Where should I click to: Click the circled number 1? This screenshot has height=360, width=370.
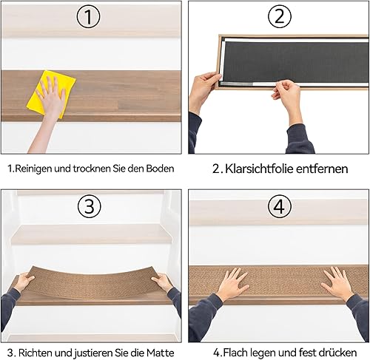(88, 16)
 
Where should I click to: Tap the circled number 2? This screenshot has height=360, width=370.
(279, 16)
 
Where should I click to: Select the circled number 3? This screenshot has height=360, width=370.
(90, 206)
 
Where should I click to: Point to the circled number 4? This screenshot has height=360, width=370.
(279, 206)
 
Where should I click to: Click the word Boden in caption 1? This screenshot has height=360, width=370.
(160, 169)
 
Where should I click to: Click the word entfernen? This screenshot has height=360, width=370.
(322, 169)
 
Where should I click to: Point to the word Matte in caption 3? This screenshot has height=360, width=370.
(161, 353)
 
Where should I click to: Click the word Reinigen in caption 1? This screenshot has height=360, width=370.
(33, 169)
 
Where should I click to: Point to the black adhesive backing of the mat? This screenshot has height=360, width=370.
(296, 61)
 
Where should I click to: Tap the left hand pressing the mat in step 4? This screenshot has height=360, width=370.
(233, 283)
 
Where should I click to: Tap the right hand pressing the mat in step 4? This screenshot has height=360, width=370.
(337, 283)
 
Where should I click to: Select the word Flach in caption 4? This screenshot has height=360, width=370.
(234, 353)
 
